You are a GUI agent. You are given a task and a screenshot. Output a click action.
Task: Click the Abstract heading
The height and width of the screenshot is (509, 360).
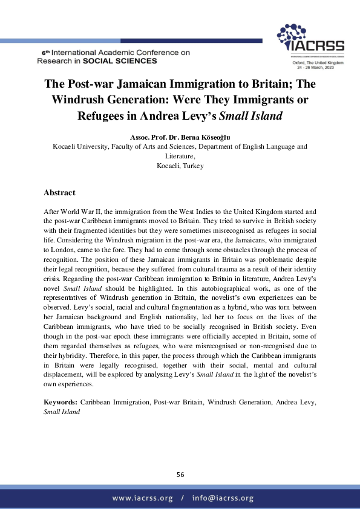[59, 193]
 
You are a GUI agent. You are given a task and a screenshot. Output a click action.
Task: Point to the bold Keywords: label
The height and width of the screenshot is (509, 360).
[61, 402]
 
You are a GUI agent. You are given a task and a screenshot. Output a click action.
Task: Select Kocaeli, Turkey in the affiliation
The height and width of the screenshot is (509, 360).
[180, 166]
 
